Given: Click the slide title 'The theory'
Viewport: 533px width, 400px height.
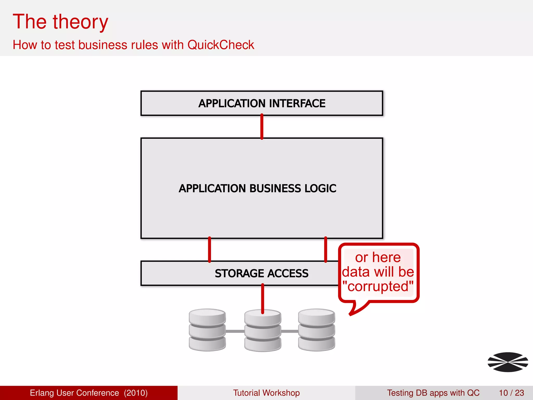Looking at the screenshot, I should click(x=60, y=22).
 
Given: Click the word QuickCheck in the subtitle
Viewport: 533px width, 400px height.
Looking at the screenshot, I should click(x=220, y=45).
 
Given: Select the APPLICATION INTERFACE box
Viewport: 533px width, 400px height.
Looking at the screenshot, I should click(x=262, y=103).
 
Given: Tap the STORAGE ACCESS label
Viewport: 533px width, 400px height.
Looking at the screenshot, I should click(x=262, y=273).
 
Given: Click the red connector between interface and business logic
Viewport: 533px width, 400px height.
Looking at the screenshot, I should click(x=262, y=127).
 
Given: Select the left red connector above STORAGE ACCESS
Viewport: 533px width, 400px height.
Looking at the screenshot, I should click(x=210, y=249).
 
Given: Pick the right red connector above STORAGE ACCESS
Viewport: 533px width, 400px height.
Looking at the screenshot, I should click(x=326, y=249).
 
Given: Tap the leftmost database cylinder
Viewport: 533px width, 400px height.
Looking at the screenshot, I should click(x=207, y=330).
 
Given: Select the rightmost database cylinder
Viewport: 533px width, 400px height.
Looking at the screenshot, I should click(x=316, y=330).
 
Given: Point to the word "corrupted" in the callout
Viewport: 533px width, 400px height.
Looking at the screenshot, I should click(x=378, y=286).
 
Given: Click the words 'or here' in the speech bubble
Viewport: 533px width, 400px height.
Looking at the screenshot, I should click(x=378, y=257).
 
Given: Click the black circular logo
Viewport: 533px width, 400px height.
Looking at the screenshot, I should click(x=508, y=362).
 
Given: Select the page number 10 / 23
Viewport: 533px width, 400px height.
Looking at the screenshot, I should click(x=511, y=393).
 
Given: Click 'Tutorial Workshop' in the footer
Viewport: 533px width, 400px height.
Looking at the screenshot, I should click(x=266, y=393).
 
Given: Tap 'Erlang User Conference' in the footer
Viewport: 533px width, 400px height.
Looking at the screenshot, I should click(x=74, y=393).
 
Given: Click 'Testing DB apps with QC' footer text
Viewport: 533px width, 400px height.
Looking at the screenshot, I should click(x=433, y=393).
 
